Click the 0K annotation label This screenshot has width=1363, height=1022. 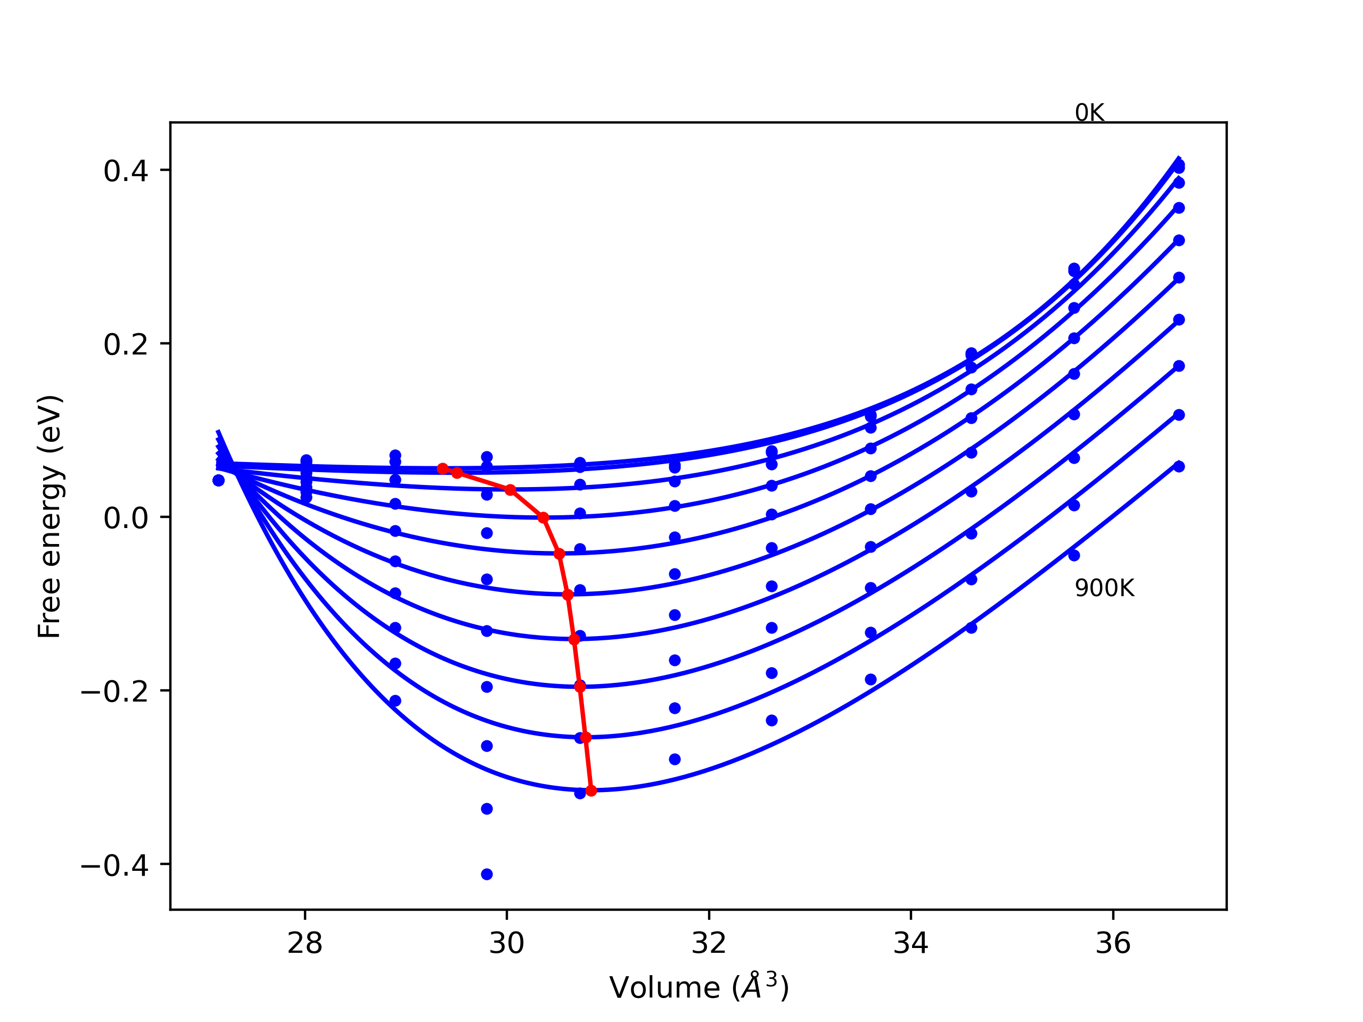coord(1089,113)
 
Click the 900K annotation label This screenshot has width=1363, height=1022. coord(1104,589)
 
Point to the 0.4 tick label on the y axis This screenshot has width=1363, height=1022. coord(126,171)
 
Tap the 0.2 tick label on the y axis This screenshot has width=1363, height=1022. coord(126,345)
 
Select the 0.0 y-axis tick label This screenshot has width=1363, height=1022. coord(126,518)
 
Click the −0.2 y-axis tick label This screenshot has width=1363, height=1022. coord(114,692)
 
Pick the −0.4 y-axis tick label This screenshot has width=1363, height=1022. coord(114,866)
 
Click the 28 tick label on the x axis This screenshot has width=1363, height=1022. coord(305,943)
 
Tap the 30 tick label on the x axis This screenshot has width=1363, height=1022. coord(506,943)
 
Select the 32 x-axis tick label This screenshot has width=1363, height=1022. coord(709,943)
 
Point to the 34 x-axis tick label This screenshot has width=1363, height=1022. coord(911,943)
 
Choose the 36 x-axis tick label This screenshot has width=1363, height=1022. coord(1113,943)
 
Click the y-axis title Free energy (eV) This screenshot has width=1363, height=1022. coord(50,516)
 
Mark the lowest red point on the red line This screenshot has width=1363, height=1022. coord(591,790)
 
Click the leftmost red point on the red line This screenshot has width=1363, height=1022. coord(442,469)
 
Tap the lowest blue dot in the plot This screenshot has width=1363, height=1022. coord(487,874)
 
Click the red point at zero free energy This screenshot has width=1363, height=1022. coord(543,517)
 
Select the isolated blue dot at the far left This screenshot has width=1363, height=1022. coord(219,481)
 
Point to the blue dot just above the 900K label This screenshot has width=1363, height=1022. coord(1074,555)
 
